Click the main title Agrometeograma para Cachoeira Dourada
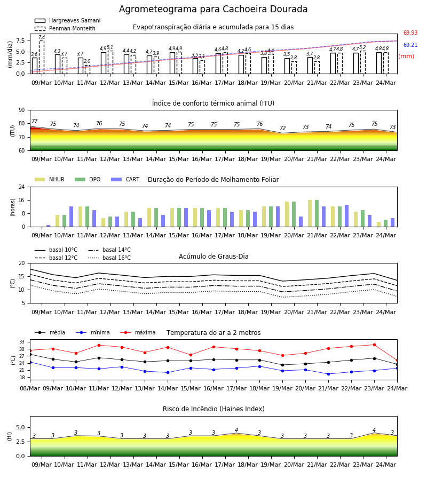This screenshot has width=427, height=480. pyautogui.click(x=213, y=9)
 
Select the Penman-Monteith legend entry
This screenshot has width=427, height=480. pyautogui.click(x=65, y=28)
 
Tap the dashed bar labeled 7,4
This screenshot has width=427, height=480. pyautogui.click(x=42, y=57)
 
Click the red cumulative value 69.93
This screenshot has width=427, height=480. pyautogui.click(x=410, y=33)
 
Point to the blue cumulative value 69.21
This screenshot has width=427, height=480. pyautogui.click(x=410, y=45)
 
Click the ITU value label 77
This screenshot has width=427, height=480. pyautogui.click(x=35, y=121)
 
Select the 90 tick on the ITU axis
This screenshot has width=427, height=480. pyautogui.click(x=22, y=110)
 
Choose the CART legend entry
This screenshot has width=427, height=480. pyautogui.click(x=125, y=179)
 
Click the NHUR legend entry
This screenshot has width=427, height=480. pyautogui.click(x=50, y=179)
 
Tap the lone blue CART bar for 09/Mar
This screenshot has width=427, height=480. pyautogui.click(x=49, y=226)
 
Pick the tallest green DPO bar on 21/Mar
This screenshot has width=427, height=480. pyautogui.click(x=317, y=213)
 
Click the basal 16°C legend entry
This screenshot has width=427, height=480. pyautogui.click(x=109, y=258)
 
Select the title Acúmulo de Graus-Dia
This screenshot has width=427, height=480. pyautogui.click(x=213, y=257)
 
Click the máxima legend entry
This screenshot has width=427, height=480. pyautogui.click(x=138, y=332)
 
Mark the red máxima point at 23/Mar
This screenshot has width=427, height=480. pyautogui.click(x=374, y=345)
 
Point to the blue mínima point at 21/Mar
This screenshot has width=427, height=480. pyautogui.click(x=328, y=374)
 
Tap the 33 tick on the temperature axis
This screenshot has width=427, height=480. pyautogui.click(x=22, y=342)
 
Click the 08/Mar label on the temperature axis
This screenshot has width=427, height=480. pyautogui.click(x=30, y=388)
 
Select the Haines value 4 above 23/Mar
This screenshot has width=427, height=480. pyautogui.click(x=374, y=430)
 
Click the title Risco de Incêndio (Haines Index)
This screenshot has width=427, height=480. pyautogui.click(x=213, y=409)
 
